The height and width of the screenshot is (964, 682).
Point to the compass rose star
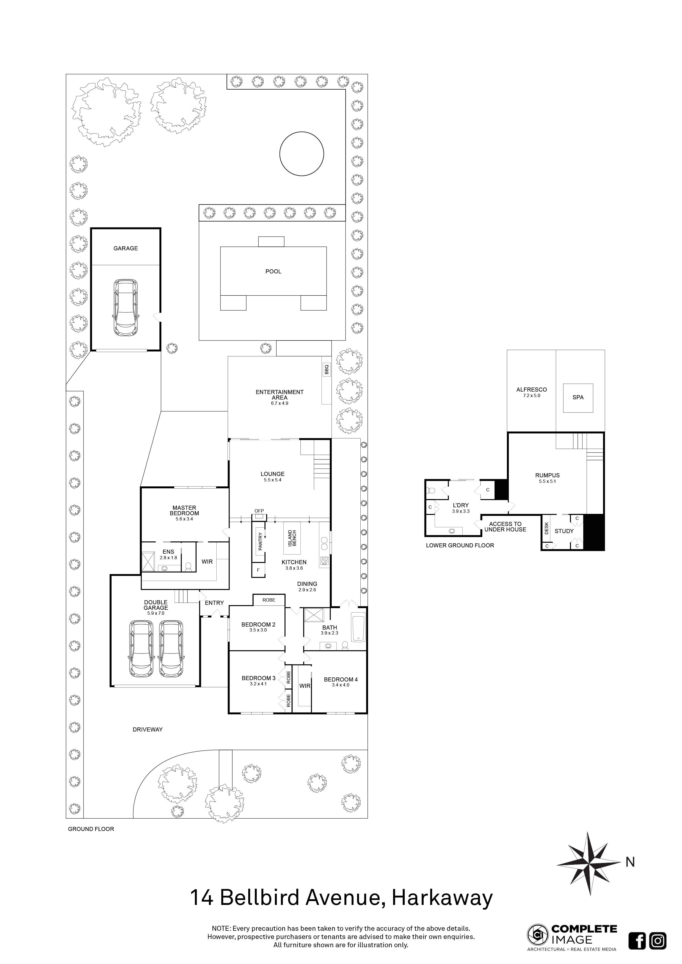pyautogui.click(x=589, y=864)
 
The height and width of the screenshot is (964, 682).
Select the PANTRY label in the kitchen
pyautogui.click(x=260, y=541)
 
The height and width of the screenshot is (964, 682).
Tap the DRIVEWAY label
pyautogui.click(x=147, y=729)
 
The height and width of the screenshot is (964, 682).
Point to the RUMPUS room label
pyautogui.click(x=547, y=475)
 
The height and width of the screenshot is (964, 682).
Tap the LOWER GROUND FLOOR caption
pyautogui.click(x=460, y=545)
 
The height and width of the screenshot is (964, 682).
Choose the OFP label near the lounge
pyautogui.click(x=259, y=511)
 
